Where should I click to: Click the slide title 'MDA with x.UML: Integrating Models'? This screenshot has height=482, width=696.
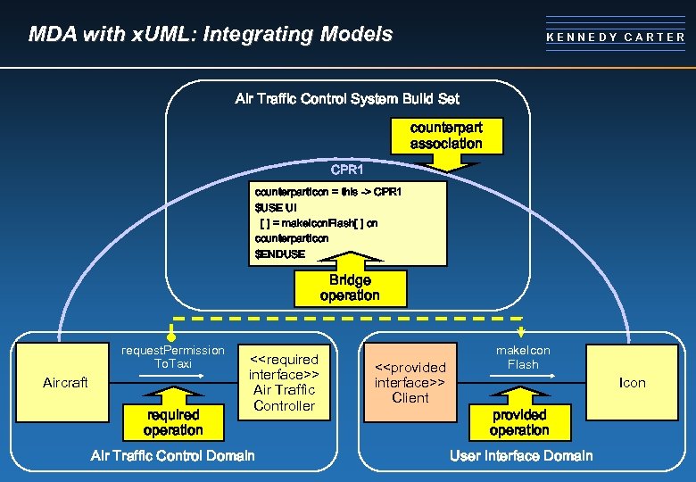(x=211, y=35)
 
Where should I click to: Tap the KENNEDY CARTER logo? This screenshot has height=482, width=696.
(x=616, y=37)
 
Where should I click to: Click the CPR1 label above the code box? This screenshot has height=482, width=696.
(x=347, y=168)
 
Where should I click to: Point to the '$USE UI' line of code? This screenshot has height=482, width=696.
(x=276, y=207)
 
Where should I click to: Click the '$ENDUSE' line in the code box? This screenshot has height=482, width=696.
(x=280, y=253)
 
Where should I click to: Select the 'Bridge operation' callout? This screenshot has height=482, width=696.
(x=349, y=287)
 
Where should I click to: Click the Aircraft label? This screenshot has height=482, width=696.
(x=65, y=383)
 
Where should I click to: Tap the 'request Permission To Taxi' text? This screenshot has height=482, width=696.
(x=173, y=357)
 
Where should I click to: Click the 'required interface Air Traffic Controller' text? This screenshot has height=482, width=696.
(x=284, y=382)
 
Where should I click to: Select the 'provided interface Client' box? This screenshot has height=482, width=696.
(x=410, y=382)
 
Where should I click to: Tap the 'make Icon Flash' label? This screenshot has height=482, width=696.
(x=523, y=357)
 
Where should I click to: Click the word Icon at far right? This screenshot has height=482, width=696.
(x=633, y=383)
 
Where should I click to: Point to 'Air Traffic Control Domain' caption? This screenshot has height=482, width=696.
(x=173, y=456)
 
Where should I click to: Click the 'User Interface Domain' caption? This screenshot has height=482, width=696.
(x=521, y=456)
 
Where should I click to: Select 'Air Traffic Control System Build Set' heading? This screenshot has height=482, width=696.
(x=347, y=99)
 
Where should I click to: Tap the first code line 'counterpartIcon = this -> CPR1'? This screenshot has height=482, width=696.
(x=328, y=192)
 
